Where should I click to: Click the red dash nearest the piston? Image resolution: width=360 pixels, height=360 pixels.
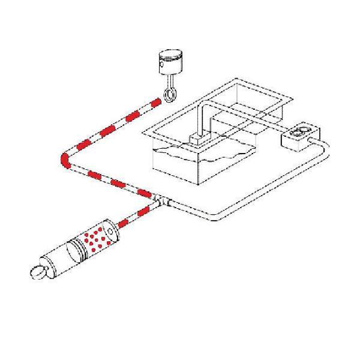point(154,104)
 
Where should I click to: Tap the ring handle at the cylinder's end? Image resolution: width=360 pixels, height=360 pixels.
point(37,272)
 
